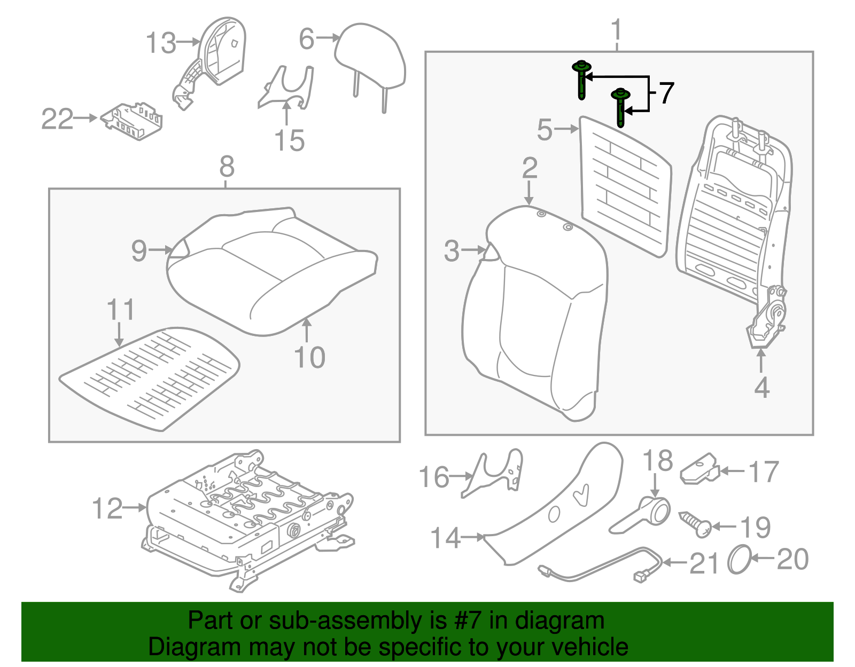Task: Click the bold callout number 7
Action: click(666, 94)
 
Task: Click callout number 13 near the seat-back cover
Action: click(160, 43)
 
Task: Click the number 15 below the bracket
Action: click(289, 141)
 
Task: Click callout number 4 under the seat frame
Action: click(761, 388)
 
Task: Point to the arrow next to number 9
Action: click(161, 250)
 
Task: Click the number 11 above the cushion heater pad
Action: click(120, 310)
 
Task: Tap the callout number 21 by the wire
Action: click(703, 563)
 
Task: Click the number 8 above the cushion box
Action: click(227, 167)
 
